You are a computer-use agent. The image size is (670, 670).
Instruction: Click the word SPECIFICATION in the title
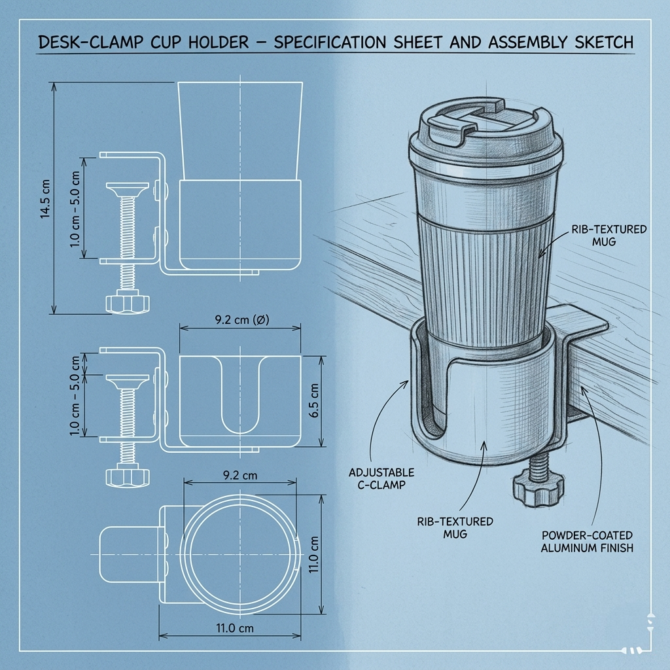tap(330, 43)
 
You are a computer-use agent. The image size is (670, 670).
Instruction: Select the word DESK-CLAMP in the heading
tap(90, 43)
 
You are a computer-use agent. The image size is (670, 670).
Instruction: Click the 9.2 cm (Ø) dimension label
tap(242, 319)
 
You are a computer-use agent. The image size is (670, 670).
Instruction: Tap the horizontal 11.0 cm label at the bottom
tap(235, 628)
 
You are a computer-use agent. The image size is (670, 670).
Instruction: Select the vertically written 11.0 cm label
tap(313, 555)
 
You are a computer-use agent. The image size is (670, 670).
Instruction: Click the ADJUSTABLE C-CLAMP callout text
tap(381, 478)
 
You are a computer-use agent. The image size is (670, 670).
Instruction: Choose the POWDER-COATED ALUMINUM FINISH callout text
tap(587, 541)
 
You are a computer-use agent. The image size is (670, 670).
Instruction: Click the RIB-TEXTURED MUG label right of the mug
tap(609, 236)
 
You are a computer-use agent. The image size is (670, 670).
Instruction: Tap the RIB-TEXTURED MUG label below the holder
tap(455, 528)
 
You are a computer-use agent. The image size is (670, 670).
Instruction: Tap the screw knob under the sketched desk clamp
tap(538, 489)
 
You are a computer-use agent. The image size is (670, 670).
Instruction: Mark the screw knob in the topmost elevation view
tap(128, 302)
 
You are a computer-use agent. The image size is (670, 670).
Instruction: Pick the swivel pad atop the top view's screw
tap(128, 188)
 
